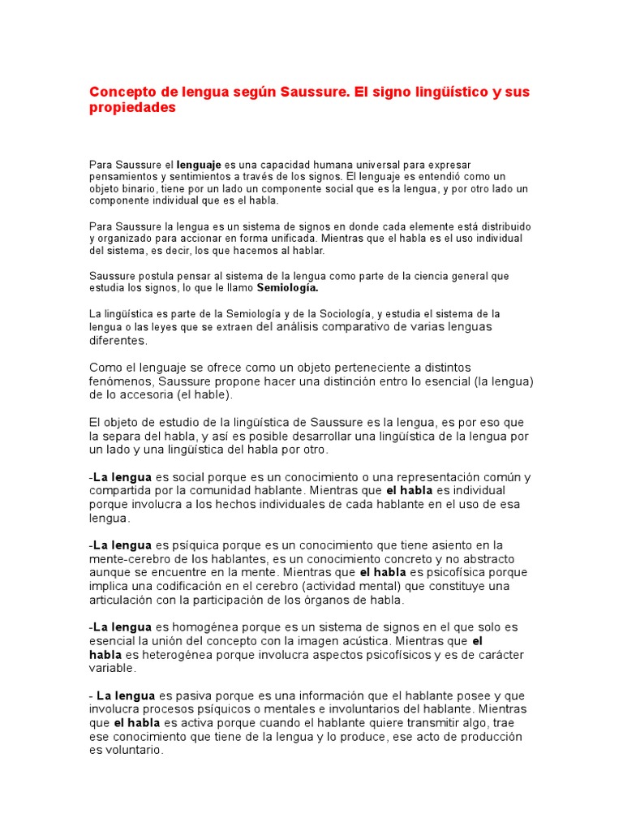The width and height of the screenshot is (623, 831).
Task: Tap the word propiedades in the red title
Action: click(132, 108)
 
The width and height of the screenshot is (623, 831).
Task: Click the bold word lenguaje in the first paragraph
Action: click(199, 165)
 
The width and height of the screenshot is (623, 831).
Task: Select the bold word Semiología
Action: click(288, 288)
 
